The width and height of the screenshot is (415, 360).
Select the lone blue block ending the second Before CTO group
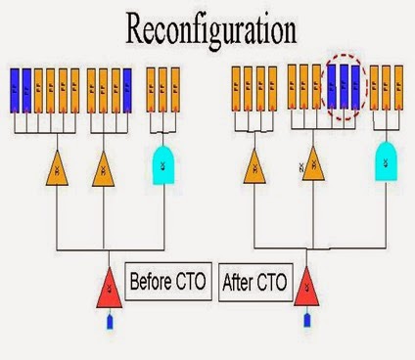point(126,90)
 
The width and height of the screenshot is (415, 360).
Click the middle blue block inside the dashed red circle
point(344,88)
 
